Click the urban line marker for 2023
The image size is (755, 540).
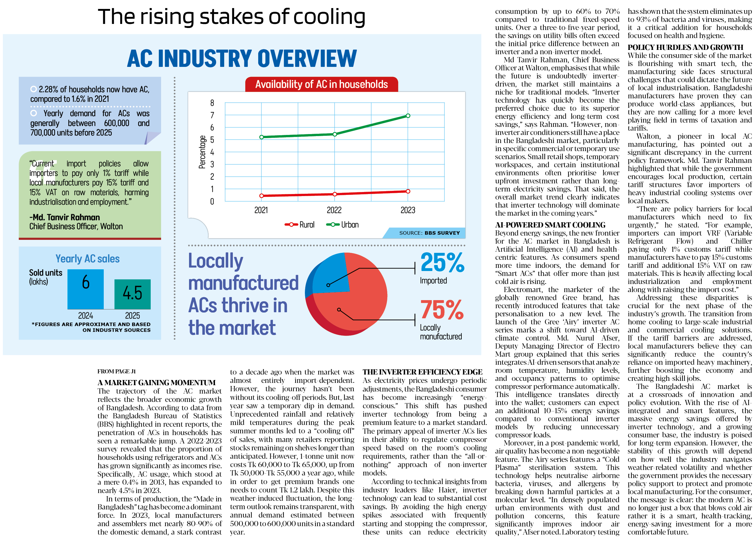(x=408, y=116)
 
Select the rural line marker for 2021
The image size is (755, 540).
(x=262, y=195)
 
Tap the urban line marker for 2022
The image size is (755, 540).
(x=335, y=134)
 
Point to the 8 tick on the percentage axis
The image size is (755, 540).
(x=212, y=103)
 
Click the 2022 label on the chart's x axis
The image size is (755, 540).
(x=334, y=210)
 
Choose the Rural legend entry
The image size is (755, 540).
(x=299, y=225)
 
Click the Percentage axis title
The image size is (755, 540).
(x=202, y=152)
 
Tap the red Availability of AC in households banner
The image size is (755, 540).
(x=321, y=84)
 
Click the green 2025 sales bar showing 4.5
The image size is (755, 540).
(x=132, y=294)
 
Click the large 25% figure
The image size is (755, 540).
(x=442, y=262)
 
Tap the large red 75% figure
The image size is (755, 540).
(x=442, y=310)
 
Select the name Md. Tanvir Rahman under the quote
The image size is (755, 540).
(x=65, y=217)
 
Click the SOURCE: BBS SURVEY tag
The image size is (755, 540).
(x=429, y=233)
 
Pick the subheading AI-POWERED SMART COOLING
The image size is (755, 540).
(x=550, y=225)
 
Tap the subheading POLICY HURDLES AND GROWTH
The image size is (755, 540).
(x=685, y=47)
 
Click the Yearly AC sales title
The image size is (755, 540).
(x=87, y=259)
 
